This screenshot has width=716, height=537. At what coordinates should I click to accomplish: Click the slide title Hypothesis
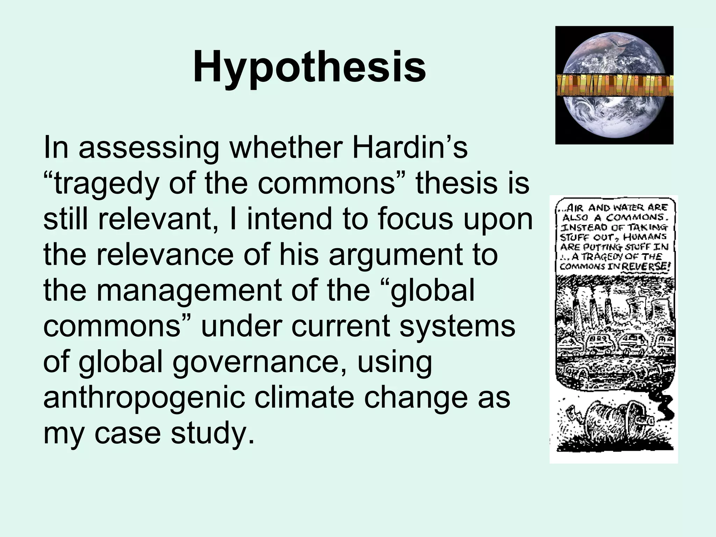pyautogui.click(x=309, y=66)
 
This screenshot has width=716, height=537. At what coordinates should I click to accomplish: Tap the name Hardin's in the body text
pyautogui.click(x=409, y=148)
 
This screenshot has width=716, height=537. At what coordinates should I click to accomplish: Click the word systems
pyautogui.click(x=457, y=326)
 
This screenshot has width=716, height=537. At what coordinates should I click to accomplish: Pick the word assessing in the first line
pyautogui.click(x=149, y=148)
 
